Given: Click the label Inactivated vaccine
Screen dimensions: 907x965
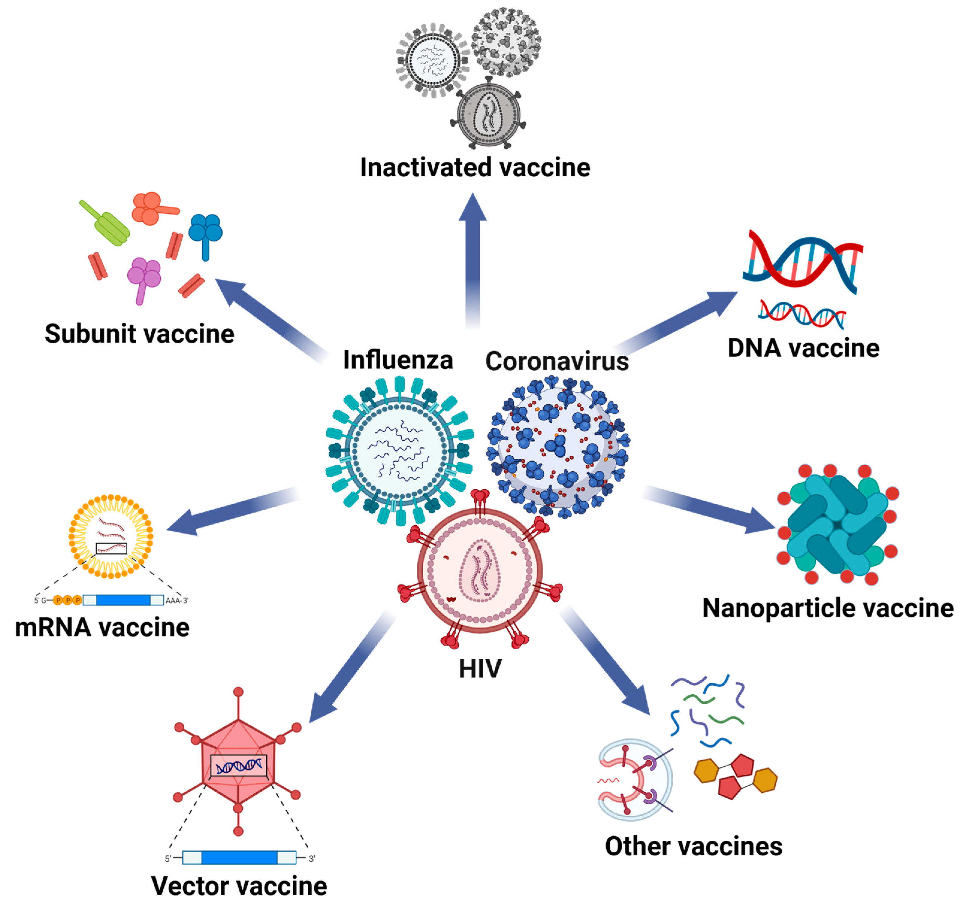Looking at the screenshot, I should click(475, 167).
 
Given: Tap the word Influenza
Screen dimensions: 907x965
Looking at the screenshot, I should click(398, 360).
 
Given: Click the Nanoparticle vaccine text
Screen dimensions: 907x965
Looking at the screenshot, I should click(827, 608).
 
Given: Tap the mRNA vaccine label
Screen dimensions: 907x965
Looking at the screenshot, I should click(102, 628).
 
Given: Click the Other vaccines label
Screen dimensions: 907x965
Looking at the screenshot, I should click(693, 846).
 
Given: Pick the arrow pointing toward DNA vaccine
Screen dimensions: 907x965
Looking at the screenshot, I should click(679, 320).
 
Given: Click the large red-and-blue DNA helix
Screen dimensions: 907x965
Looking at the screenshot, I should click(803, 262).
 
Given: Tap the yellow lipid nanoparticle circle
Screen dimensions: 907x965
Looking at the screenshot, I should click(111, 536).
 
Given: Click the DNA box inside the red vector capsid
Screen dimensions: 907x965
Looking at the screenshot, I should click(239, 766).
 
